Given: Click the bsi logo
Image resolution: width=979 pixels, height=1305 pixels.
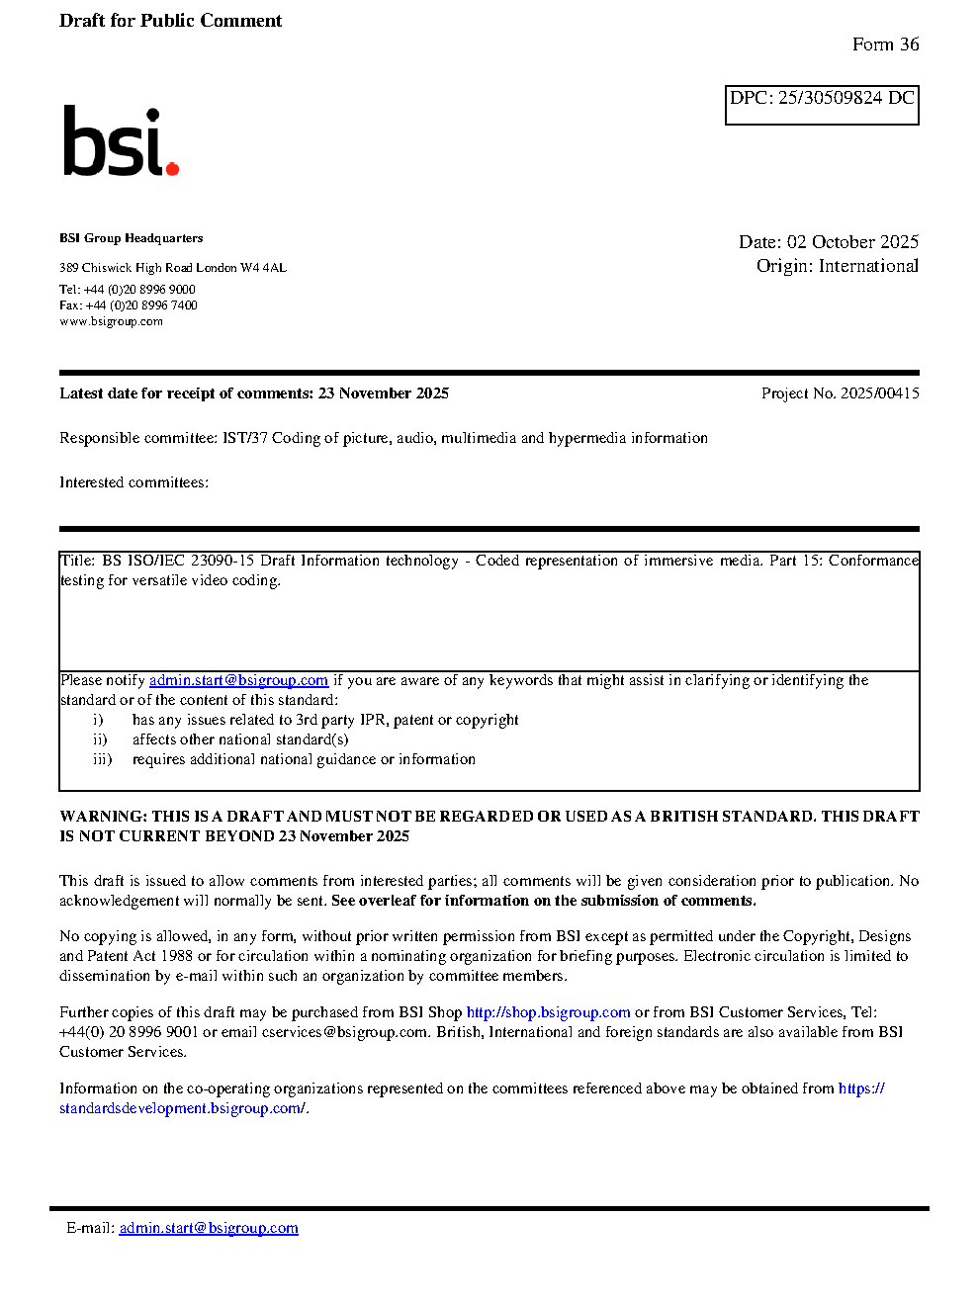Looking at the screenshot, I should tap(120, 141).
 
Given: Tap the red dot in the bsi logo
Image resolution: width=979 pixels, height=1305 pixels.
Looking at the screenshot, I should tap(172, 169).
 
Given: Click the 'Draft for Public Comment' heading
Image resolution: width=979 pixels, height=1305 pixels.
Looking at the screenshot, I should tap(170, 21).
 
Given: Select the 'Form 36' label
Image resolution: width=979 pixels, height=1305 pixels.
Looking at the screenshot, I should tap(885, 44).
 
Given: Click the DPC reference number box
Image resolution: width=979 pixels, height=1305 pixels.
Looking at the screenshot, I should tap(822, 105).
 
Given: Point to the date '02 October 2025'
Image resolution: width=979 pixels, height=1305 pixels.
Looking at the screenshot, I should tap(852, 242).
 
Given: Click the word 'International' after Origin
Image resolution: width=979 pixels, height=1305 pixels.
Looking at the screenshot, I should tap(868, 266).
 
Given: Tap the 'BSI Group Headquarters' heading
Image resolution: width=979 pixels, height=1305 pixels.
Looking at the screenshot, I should tap(132, 238).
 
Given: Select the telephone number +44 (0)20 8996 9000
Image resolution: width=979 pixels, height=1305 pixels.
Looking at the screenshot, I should tap(139, 290).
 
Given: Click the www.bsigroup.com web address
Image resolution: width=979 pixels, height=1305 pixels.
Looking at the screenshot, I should tap(111, 321).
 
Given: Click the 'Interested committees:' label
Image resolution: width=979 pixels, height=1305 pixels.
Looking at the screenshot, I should tap(133, 482).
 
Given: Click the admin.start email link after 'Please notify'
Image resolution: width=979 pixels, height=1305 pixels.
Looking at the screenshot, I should tap(238, 680).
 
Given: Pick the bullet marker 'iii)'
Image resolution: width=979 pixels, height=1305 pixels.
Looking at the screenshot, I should tap(103, 759).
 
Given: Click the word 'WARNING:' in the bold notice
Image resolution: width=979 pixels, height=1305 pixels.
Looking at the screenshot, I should tap(104, 817).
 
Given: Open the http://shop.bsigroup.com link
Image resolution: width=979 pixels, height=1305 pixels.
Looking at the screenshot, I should tap(548, 1012).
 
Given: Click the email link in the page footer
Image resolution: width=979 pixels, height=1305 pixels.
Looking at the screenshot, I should tap(209, 1228).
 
